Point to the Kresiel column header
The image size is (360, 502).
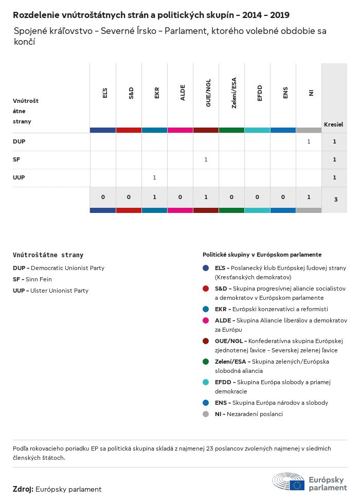coord(334,124)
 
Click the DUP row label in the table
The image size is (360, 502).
coord(19,141)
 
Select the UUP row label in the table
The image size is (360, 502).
coord(19,177)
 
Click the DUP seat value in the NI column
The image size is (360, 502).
coord(309,141)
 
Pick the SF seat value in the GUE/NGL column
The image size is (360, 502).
coord(206,159)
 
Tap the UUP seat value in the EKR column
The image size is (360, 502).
coord(154,177)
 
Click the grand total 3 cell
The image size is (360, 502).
coord(335,199)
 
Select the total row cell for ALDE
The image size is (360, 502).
coord(180,197)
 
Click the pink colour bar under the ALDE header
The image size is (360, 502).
coord(180,130)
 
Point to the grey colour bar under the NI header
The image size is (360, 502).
coord(309,130)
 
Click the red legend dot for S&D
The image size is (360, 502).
coord(206,289)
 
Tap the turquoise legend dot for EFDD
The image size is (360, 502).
coord(206,382)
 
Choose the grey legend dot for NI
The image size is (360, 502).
coord(206,414)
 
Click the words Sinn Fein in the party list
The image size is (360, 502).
coord(39,279)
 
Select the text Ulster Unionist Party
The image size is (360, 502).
coord(59,291)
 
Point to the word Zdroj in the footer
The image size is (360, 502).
coord(23,489)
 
